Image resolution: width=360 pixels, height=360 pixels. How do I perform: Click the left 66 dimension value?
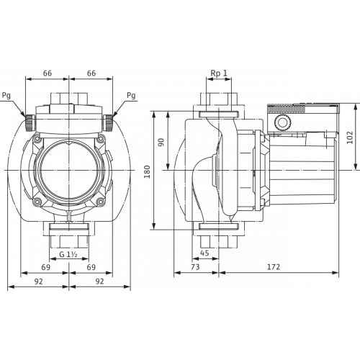coord(48,73)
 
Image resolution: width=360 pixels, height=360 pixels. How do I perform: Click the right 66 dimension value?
coord(91,73)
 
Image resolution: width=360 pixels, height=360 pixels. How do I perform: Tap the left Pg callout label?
coord(6,96)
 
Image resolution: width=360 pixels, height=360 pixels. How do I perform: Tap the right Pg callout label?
coord(131,96)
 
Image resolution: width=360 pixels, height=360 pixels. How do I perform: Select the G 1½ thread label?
coord(68,254)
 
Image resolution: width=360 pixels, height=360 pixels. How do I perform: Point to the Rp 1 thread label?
coord(219,73)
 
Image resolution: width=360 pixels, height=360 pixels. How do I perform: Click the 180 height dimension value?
coord(147,171)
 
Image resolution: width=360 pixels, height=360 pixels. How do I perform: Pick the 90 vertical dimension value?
coord(161,142)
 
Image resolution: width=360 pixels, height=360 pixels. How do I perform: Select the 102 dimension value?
coord(350,138)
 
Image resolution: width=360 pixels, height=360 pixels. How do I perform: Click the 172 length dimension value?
coord(274,266)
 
